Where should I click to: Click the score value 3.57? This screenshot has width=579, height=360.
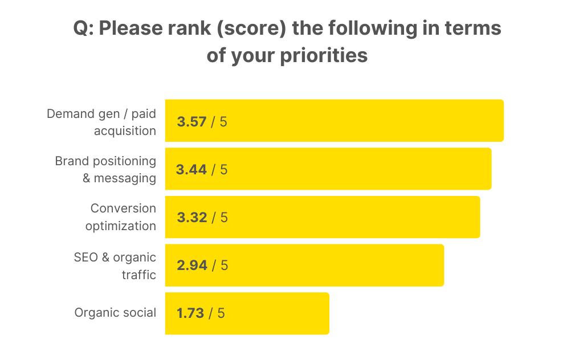[x=191, y=121]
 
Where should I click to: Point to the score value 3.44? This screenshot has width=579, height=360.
[x=191, y=169]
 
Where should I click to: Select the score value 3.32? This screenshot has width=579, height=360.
[x=191, y=217]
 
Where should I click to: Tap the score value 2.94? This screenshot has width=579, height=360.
[x=191, y=265]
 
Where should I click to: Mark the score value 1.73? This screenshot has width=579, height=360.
[x=190, y=313]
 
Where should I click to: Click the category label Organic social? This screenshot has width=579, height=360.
[x=115, y=313]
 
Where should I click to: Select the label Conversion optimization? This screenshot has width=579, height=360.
[x=121, y=217]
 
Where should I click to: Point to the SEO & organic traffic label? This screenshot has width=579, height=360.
[x=115, y=265]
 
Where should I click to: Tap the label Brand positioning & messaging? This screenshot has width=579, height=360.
[x=106, y=169]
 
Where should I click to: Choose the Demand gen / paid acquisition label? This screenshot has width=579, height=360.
[x=101, y=121]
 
